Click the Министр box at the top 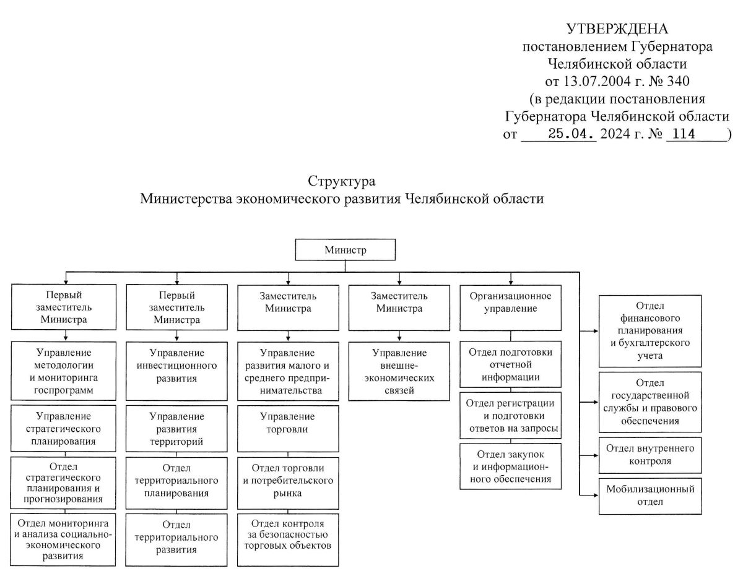click(345, 250)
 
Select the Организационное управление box click(510, 307)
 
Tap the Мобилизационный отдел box click(650, 496)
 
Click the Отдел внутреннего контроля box click(650, 455)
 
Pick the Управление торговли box click(288, 428)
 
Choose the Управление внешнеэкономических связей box click(399, 371)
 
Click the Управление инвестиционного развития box click(176, 371)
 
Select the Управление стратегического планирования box click(63, 428)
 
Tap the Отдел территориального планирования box click(176, 483)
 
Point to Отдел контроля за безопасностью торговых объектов click(288, 539)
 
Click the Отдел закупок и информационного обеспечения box click(510, 466)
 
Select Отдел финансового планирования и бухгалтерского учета click(650, 330)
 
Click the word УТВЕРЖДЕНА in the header click(617, 29)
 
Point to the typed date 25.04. click(572, 134)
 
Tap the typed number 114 click(684, 134)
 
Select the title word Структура click(341, 181)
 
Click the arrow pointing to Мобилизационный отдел click(589, 495)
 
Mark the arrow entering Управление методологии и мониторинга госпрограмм click(66, 335)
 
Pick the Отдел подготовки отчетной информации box click(510, 364)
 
